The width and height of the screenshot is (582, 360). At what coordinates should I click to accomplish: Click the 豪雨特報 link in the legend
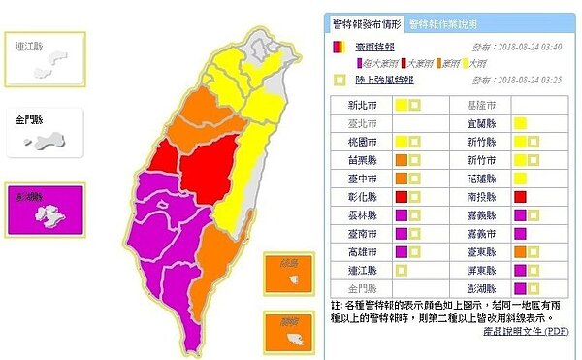point(371,45)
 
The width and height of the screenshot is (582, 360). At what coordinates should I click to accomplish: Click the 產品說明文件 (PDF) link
point(525,331)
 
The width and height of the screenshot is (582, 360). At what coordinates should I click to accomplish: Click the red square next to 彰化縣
point(400,197)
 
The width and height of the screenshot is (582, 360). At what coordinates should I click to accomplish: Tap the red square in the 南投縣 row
point(521,197)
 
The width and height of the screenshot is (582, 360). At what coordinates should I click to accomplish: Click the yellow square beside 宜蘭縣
point(521,123)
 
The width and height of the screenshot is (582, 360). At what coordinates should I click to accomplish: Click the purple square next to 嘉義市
point(521,234)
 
